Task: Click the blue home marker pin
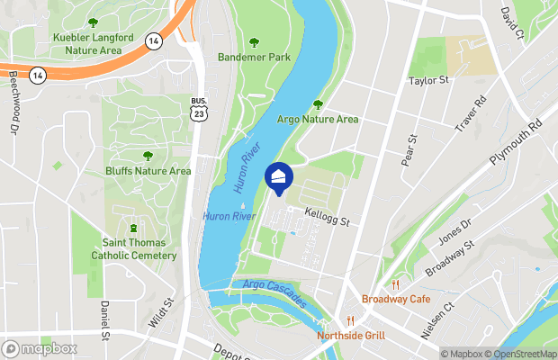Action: pyautogui.click(x=279, y=177)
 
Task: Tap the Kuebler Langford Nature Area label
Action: pyautogui.click(x=92, y=44)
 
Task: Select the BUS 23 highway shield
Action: pyautogui.click(x=198, y=109)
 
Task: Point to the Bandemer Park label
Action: pyautogui.click(x=252, y=57)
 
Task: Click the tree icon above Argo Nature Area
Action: pyautogui.click(x=317, y=105)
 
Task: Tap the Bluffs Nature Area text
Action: pyautogui.click(x=148, y=171)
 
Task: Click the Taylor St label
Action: pyautogui.click(x=428, y=81)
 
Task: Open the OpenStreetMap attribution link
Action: pyautogui.click(x=517, y=354)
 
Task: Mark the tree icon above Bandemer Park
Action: pyautogui.click(x=252, y=40)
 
